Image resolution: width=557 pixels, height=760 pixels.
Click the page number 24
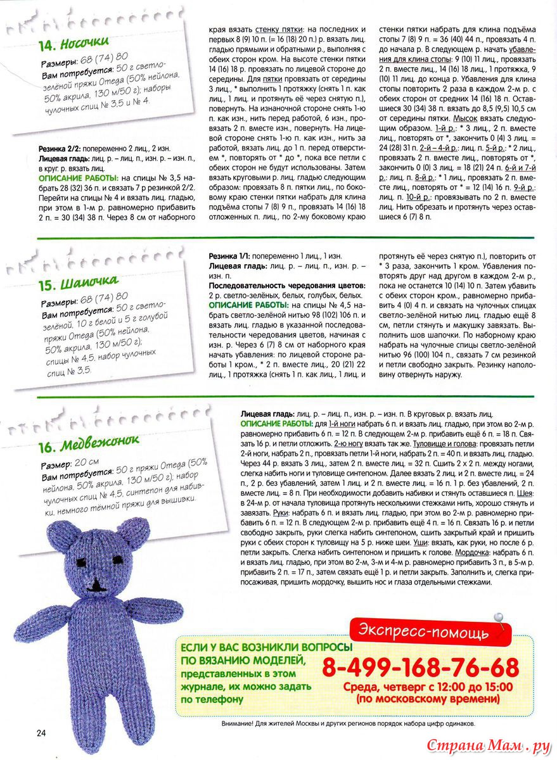tap(41, 733)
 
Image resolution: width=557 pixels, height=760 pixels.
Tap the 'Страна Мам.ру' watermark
tap(488, 745)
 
